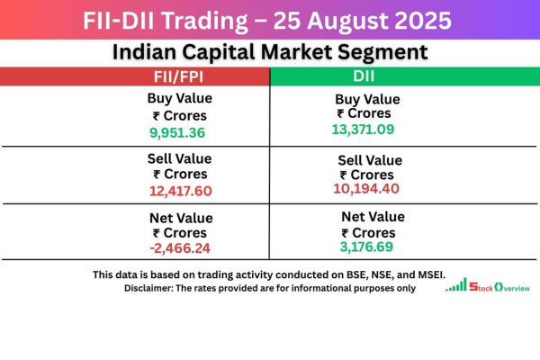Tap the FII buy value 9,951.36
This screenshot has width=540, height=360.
[x=178, y=132]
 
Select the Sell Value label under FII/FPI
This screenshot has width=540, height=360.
[x=179, y=158]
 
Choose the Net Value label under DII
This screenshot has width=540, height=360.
[x=373, y=217]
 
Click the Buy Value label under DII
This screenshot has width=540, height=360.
[x=368, y=99]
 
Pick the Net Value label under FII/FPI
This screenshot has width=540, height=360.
[x=179, y=218]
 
